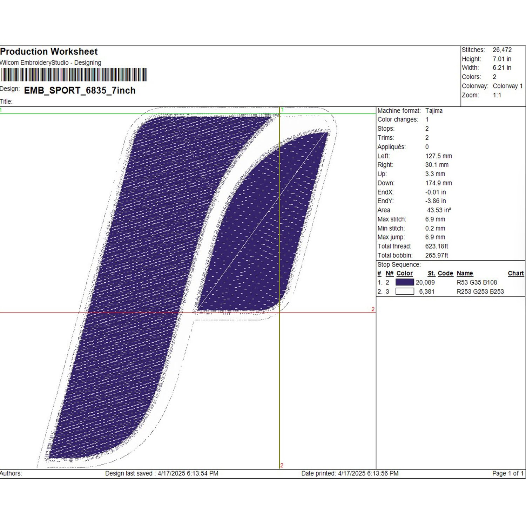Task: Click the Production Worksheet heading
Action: point(49,52)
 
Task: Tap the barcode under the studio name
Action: point(73,75)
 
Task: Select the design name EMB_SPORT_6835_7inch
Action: point(80,91)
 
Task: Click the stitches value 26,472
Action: point(502,50)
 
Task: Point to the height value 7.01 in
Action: point(502,59)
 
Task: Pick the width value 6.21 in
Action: point(502,68)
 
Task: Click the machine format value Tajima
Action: point(434,111)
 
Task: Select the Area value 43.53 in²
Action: point(439,210)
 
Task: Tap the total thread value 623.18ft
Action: point(437,246)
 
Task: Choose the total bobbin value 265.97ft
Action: point(437,255)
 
